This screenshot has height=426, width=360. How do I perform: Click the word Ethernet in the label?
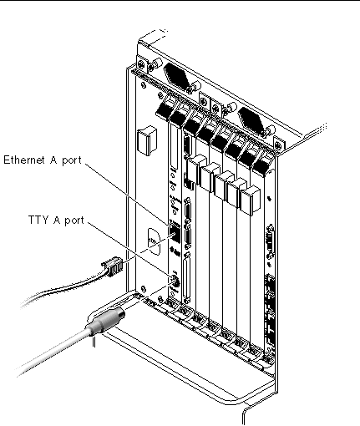coord(24,160)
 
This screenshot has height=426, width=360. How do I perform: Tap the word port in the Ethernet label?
coord(72,160)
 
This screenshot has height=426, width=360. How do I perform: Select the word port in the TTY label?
coord(74,221)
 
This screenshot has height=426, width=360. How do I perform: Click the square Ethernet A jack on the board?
coord(175,234)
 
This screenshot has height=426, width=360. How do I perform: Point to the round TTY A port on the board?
coord(175,281)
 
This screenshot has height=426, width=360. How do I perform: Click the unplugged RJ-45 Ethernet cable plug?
coord(112,266)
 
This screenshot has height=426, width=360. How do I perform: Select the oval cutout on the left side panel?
coord(154,241)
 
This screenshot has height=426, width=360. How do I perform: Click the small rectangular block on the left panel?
coord(147,140)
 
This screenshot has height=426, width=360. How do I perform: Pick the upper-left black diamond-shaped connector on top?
coord(177,75)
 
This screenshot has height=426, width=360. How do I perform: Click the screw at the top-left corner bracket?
coord(140,63)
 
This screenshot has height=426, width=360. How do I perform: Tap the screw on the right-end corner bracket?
coord(277,145)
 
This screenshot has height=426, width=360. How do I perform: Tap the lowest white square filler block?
coord(251,201)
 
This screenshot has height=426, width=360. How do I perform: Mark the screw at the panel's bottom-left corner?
coord(143,289)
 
